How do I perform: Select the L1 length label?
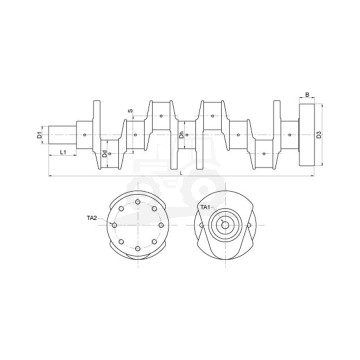pos(63,153)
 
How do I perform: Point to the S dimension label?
pos(130,112)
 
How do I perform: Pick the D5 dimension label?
pos(181,134)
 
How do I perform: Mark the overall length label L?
pos(181,173)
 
